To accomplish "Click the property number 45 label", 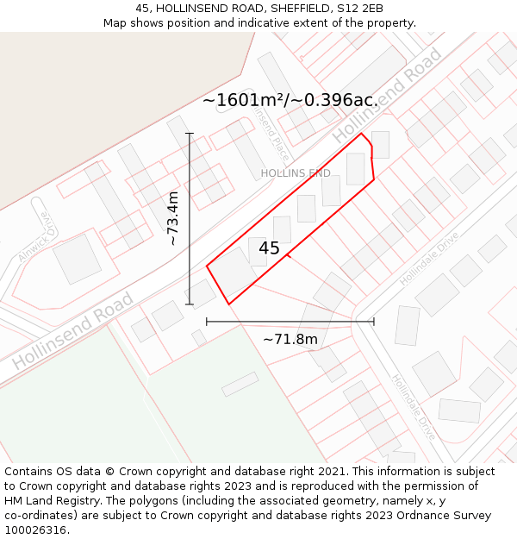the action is (x=269, y=248).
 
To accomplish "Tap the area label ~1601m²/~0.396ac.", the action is (x=290, y=100).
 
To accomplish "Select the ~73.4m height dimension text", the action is (x=173, y=219).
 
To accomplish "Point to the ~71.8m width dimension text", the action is (x=290, y=339).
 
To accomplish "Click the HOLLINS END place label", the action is (x=296, y=173).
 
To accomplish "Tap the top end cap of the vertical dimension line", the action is (x=190, y=134).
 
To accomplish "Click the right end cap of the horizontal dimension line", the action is (x=374, y=322).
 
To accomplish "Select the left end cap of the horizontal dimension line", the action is (x=207, y=322).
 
